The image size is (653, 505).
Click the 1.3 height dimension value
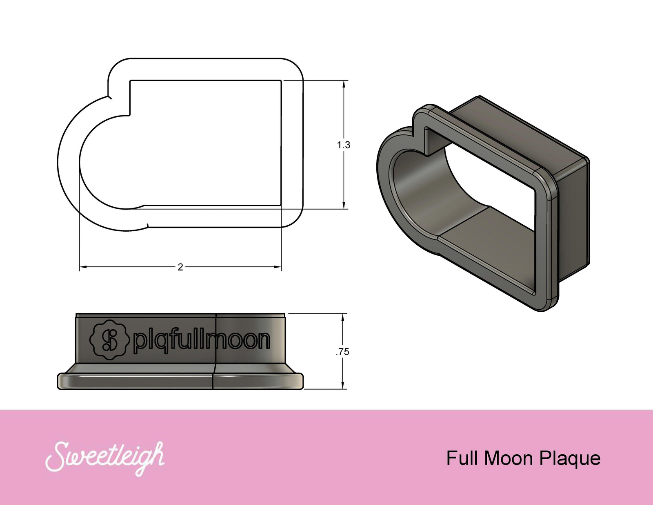click(x=344, y=145)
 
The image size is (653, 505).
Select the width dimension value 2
click(x=180, y=267)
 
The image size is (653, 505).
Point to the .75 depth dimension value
click(x=343, y=352)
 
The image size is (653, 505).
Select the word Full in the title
click(x=462, y=458)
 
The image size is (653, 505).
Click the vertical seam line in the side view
click(x=215, y=351)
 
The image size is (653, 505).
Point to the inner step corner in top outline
click(x=130, y=115)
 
